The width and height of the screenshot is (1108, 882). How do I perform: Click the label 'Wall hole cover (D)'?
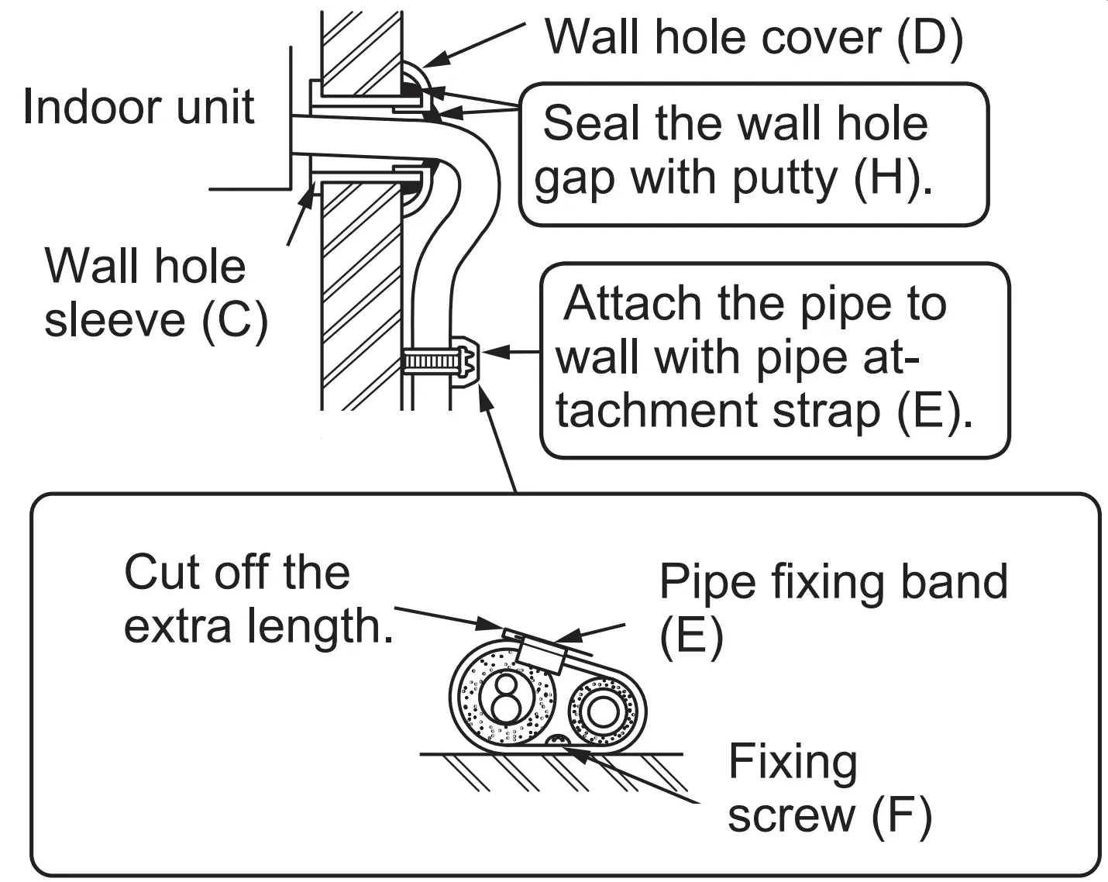click(x=753, y=36)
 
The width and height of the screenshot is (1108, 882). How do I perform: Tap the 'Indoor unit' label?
click(x=138, y=106)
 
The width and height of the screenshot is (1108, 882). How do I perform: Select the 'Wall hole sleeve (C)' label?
click(x=155, y=292)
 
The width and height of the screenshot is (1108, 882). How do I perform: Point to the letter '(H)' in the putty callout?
click(x=891, y=177)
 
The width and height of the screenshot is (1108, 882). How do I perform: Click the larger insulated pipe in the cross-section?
click(x=504, y=698)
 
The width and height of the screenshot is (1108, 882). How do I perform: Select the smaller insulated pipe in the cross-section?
click(x=604, y=711)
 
